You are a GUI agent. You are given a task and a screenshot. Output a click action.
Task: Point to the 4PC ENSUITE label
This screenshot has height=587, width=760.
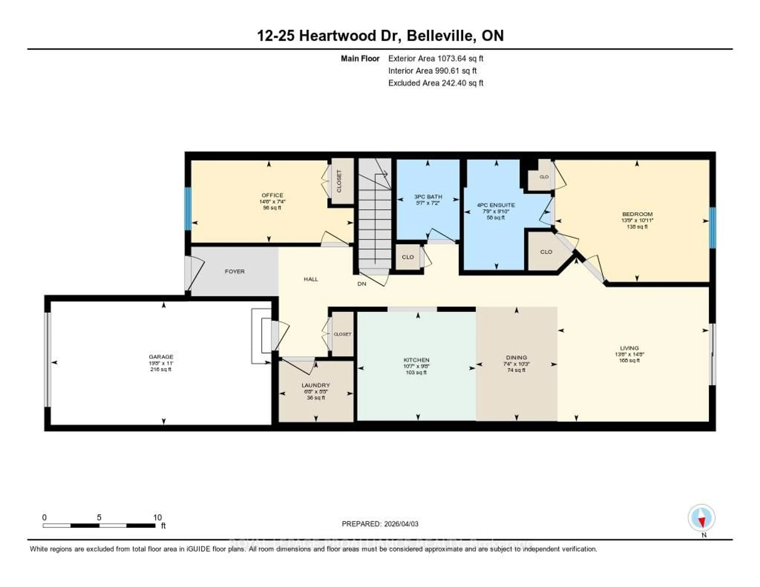coord(496,205)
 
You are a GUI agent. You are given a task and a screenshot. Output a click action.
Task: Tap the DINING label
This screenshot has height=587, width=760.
coord(516,358)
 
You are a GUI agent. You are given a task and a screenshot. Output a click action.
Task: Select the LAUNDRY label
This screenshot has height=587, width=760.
coord(316,385)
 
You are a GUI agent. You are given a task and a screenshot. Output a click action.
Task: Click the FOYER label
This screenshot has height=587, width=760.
coord(235,271)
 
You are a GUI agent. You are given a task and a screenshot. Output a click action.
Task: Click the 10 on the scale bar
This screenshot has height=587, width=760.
coord(157,517)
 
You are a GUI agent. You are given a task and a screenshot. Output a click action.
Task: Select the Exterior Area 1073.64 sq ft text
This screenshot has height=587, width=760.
coord(436,58)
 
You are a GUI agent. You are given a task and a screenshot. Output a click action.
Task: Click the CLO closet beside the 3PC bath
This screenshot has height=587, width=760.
coord(408,257)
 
